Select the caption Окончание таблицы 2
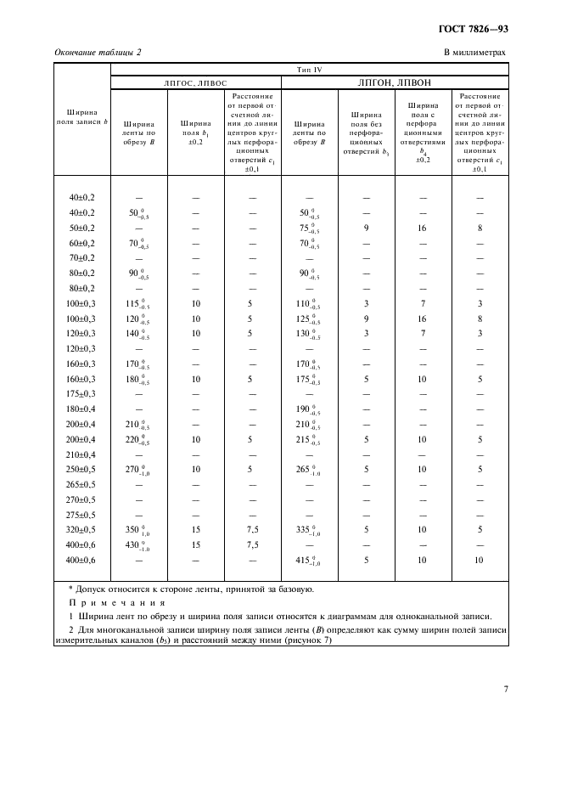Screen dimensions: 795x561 98,53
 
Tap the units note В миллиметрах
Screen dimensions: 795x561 474,53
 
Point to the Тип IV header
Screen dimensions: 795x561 309,69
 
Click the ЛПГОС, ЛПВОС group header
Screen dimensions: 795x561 195,82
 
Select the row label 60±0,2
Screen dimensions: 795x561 82,243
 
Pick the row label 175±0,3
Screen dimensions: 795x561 82,393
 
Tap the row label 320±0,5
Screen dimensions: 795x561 82,529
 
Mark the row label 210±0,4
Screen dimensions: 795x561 82,454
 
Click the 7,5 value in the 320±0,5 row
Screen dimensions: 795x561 251,529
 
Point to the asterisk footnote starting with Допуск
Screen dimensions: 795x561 191,588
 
